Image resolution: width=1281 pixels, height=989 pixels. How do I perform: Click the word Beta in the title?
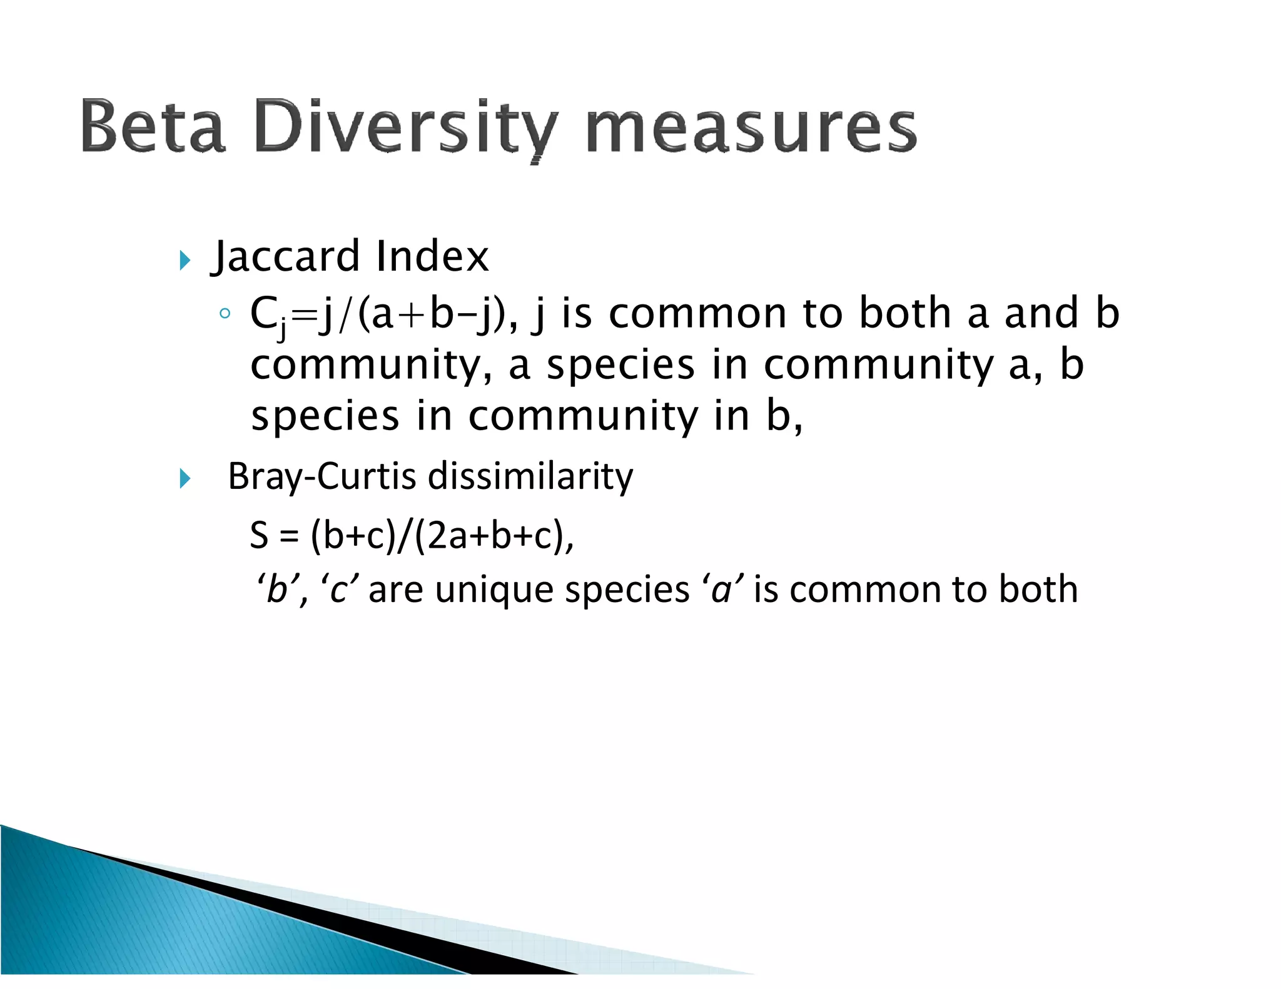[153, 126]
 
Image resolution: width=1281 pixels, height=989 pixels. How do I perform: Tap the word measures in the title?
[751, 128]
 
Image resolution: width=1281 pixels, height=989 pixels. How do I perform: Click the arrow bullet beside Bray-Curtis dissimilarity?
[184, 479]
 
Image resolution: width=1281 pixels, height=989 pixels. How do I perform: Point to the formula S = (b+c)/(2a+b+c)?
[412, 536]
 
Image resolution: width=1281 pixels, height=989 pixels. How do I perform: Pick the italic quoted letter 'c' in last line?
[339, 590]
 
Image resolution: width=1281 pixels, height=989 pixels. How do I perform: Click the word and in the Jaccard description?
[1041, 313]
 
